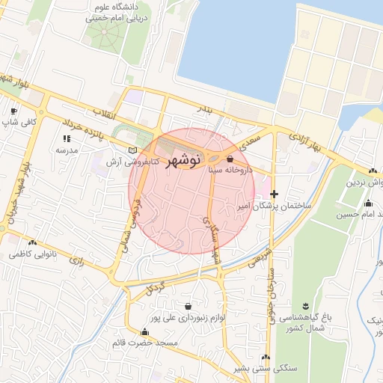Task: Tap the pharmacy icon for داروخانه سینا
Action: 230,159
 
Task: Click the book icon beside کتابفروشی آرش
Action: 132,150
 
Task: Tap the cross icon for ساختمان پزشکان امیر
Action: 274,194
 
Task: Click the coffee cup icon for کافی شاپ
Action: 13,111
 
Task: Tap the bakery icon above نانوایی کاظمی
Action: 32,242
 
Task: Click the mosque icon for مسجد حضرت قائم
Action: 144,332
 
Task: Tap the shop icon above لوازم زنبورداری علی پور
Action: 186,306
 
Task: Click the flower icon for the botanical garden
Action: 305,304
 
